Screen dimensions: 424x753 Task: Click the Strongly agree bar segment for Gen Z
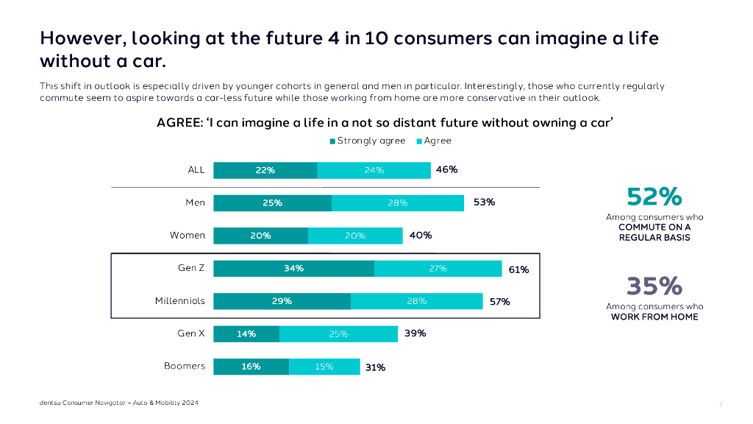point(293,269)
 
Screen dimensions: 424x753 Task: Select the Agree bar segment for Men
point(398,203)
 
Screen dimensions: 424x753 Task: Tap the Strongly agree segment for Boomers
point(251,367)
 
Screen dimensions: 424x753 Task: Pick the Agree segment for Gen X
point(338,334)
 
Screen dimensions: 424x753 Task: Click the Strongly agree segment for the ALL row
point(265,170)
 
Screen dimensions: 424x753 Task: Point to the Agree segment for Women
point(355,236)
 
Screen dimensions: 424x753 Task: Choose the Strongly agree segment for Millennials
point(282,301)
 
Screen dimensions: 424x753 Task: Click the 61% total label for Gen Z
point(518,269)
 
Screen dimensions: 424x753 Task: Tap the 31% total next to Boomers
point(375,367)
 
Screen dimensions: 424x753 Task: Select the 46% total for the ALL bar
point(446,170)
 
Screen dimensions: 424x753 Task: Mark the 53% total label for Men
point(484,202)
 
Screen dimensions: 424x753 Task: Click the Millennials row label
point(180,301)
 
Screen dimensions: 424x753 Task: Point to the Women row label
point(188,236)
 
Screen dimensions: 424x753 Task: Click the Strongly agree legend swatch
point(332,141)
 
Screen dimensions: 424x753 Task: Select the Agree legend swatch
point(419,141)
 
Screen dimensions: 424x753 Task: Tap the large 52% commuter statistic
point(654,197)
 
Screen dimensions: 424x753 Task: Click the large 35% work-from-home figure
point(654,286)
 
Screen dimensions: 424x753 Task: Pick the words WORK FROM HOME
point(654,317)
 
